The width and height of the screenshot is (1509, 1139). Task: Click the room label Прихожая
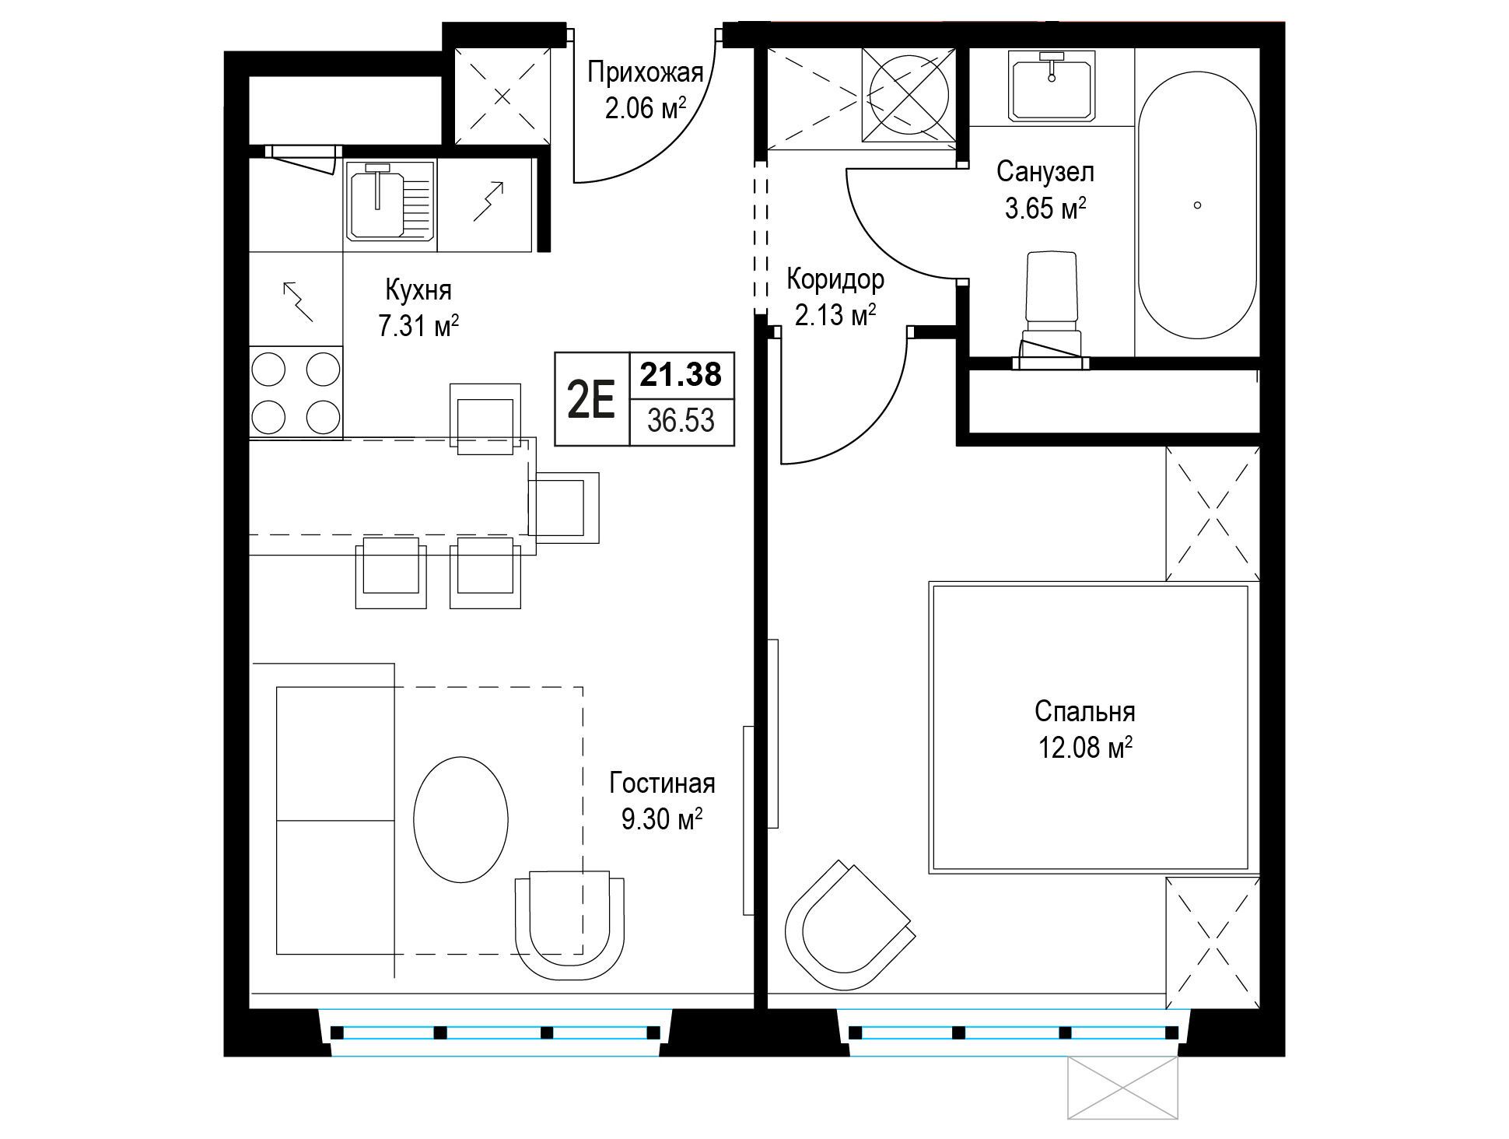[x=645, y=73]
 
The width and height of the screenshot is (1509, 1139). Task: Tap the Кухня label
[x=418, y=291]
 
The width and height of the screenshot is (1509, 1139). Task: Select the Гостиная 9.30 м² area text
[x=662, y=801]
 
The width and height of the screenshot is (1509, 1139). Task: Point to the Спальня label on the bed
[x=1084, y=711]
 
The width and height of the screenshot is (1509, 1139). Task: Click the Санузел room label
[x=1045, y=171]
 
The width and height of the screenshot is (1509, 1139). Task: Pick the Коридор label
[x=835, y=278]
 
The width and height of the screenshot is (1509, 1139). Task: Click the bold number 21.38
[x=681, y=374]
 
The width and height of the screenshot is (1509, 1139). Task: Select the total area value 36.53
[x=681, y=420]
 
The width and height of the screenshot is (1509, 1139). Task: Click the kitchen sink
[x=390, y=200]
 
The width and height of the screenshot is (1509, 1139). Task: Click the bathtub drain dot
[x=1197, y=205]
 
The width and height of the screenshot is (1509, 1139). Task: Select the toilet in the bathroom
[x=1052, y=308]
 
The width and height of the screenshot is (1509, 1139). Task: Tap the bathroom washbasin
[x=1052, y=86]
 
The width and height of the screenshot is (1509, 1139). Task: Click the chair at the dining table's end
[x=564, y=507]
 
